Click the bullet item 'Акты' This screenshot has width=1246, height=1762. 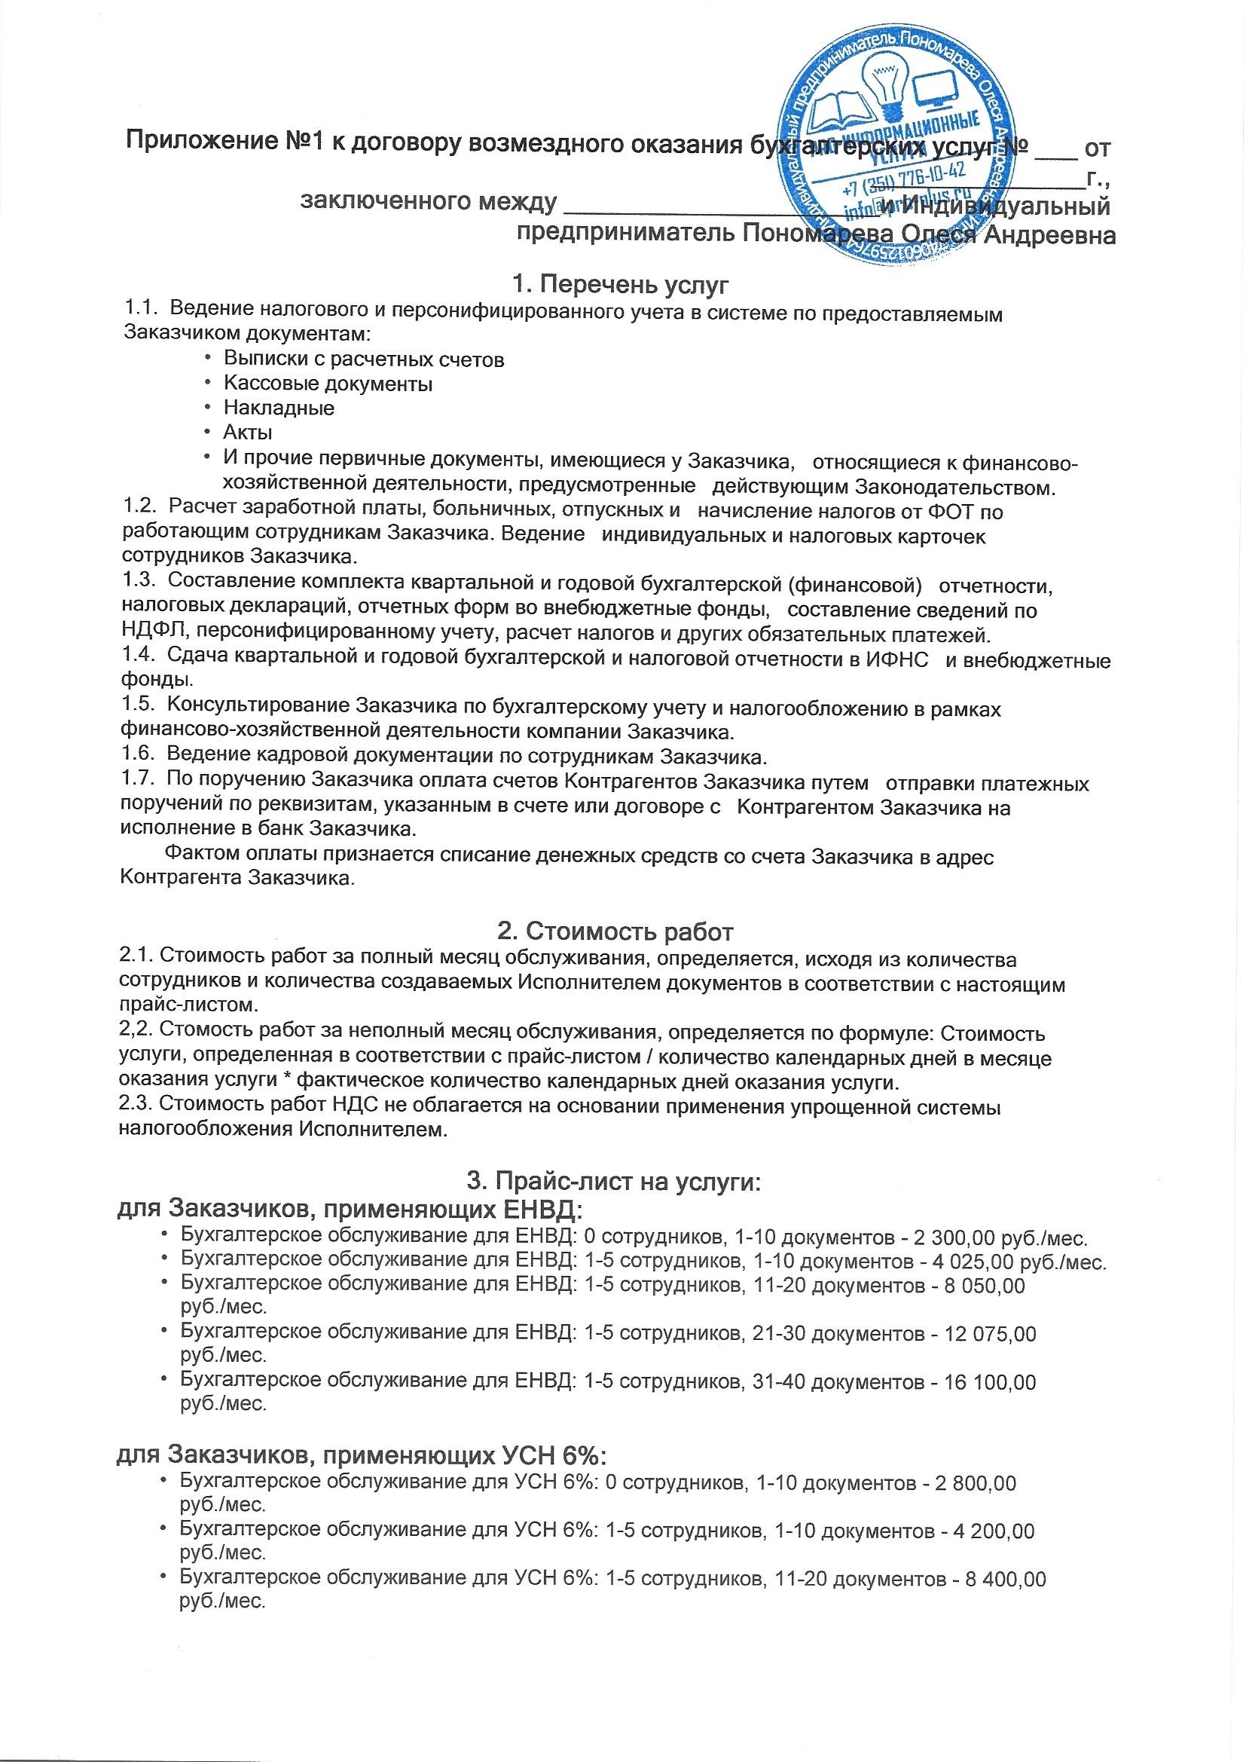pyautogui.click(x=248, y=432)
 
